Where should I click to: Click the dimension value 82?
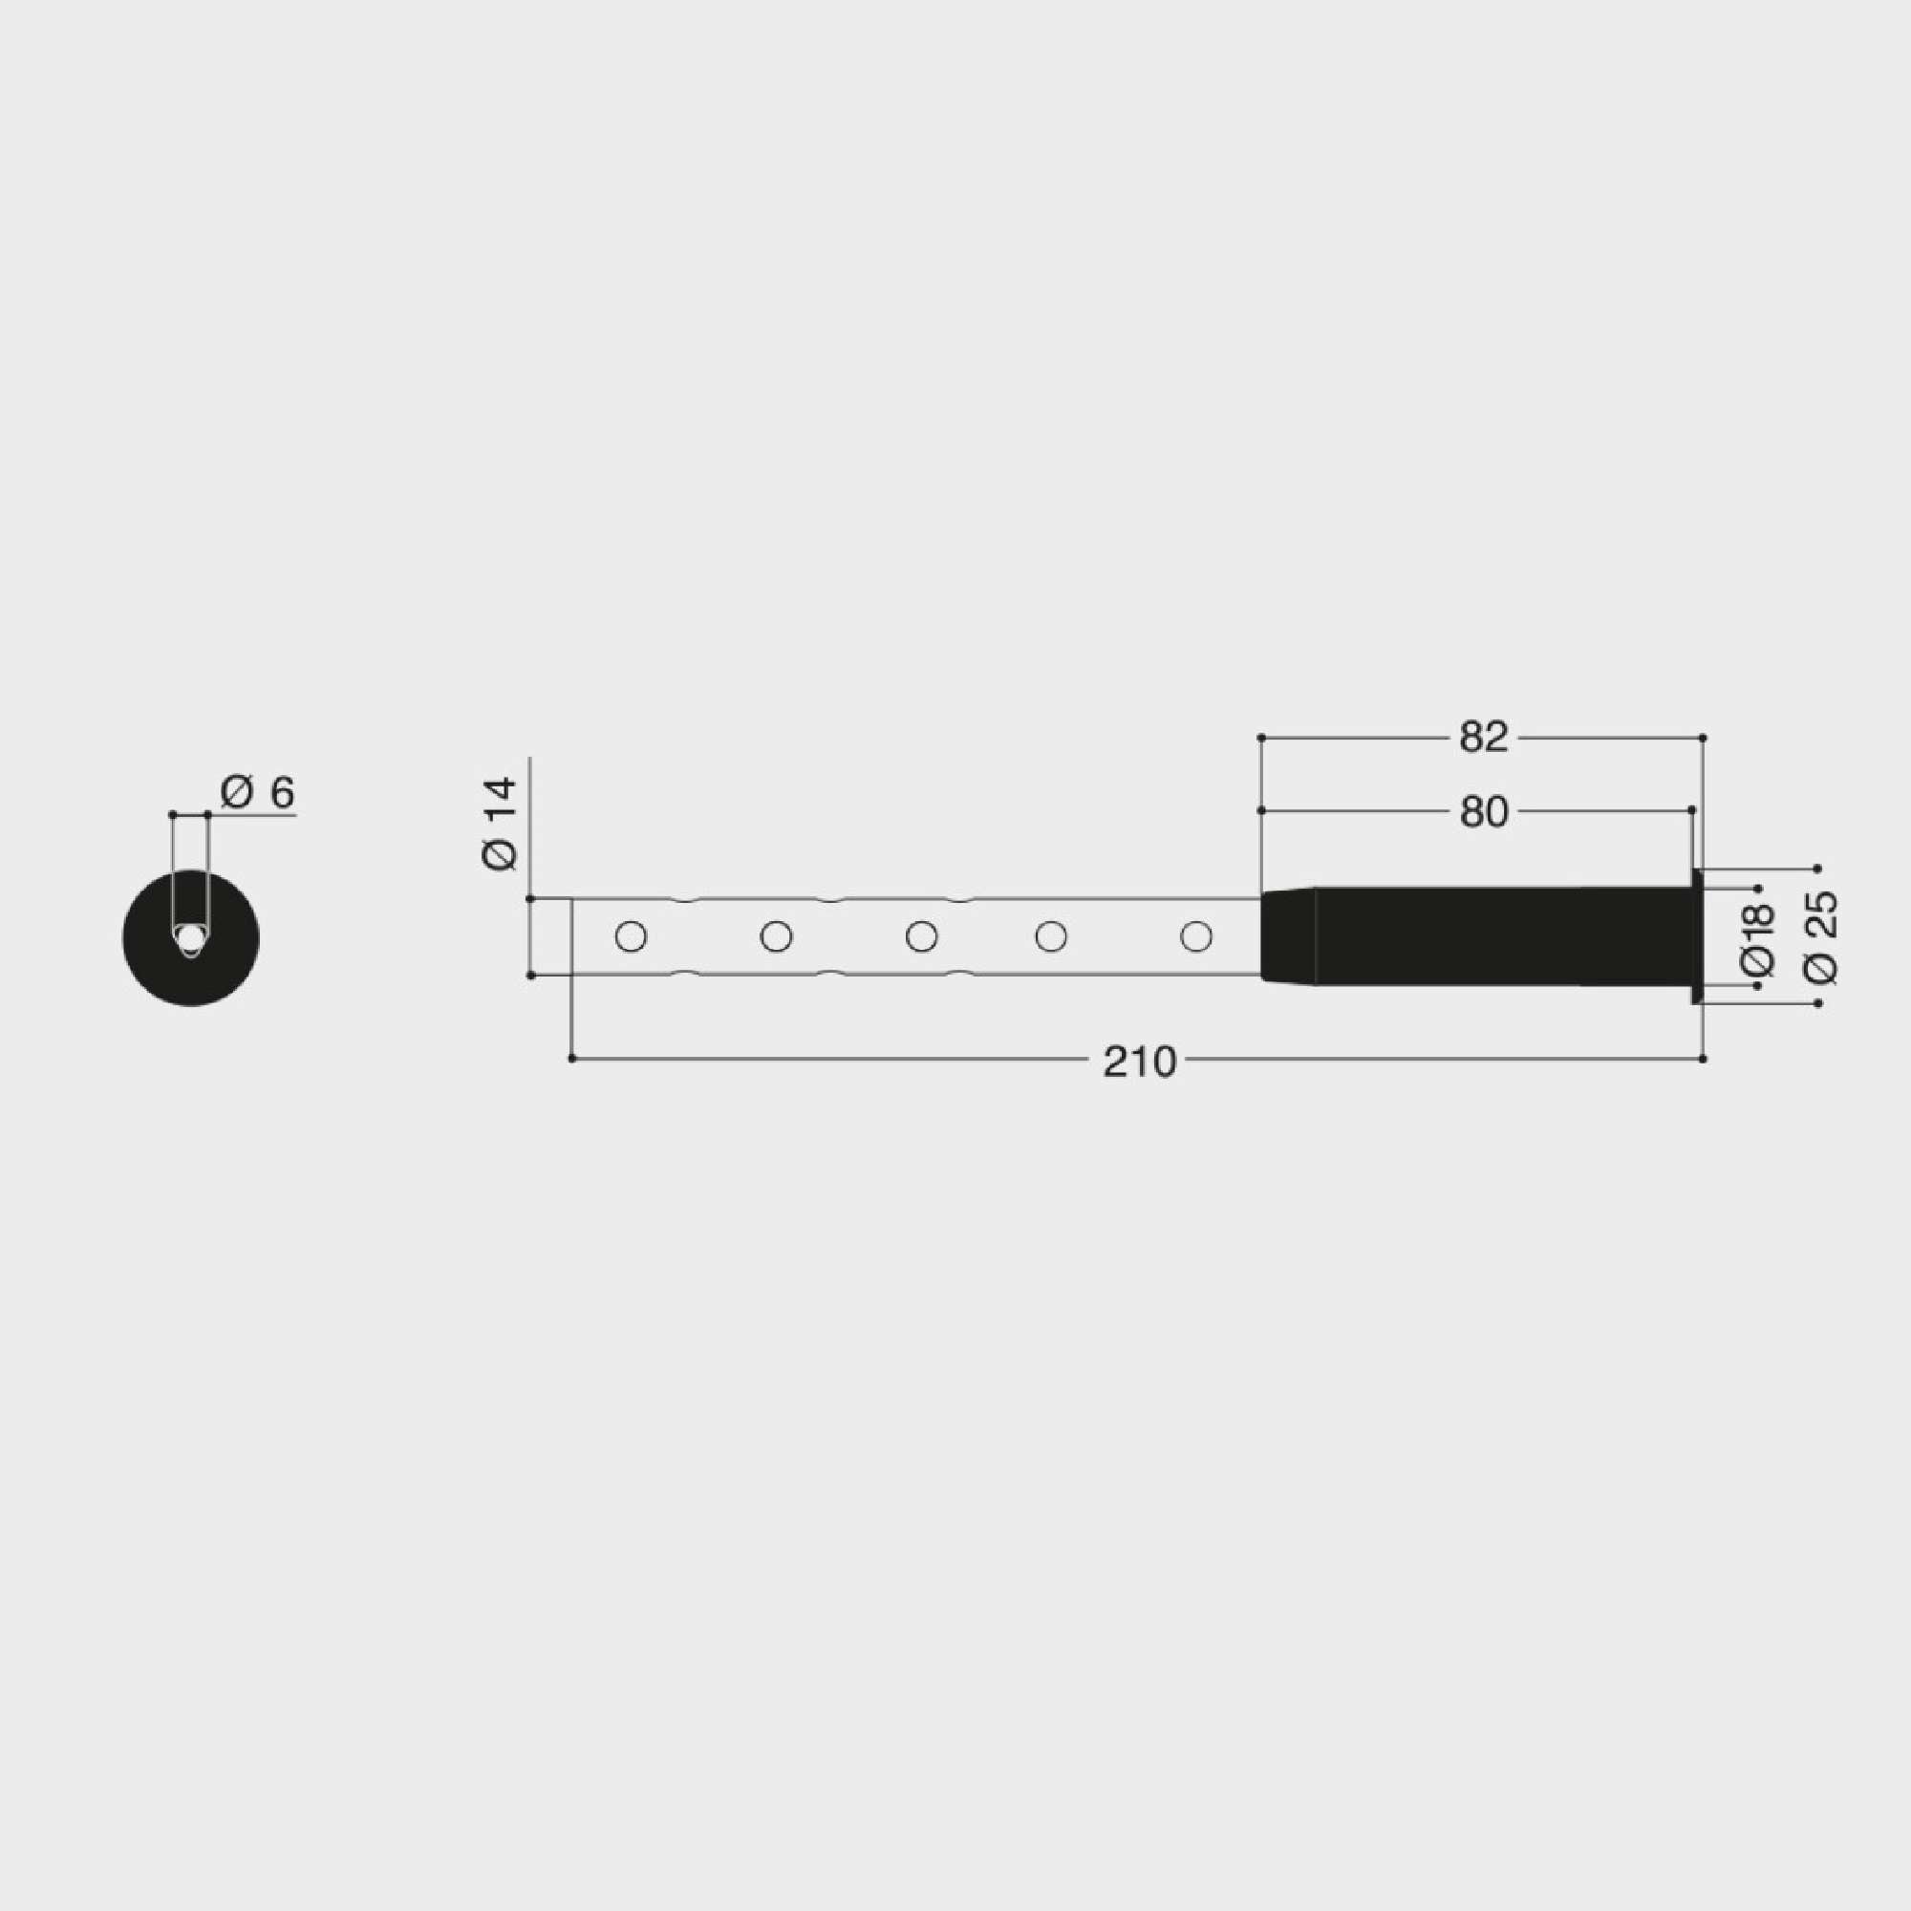click(1483, 737)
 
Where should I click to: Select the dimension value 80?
click(1483, 812)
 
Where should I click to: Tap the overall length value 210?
click(1139, 1063)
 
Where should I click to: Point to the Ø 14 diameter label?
click(501, 823)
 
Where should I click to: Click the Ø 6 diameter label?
click(258, 792)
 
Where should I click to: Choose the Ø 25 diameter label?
click(1821, 936)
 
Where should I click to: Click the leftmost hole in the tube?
click(631, 935)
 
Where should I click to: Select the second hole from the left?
click(777, 935)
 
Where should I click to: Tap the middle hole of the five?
click(922, 935)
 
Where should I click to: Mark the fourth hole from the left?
click(1050, 935)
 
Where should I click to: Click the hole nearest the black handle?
click(1197, 935)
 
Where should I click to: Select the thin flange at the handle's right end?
click(1697, 935)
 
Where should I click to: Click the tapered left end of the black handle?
click(1286, 935)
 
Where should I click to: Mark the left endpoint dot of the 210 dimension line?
click(571, 1059)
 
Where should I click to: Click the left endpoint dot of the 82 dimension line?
click(1261, 738)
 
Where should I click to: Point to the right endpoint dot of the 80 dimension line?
click(1691, 811)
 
